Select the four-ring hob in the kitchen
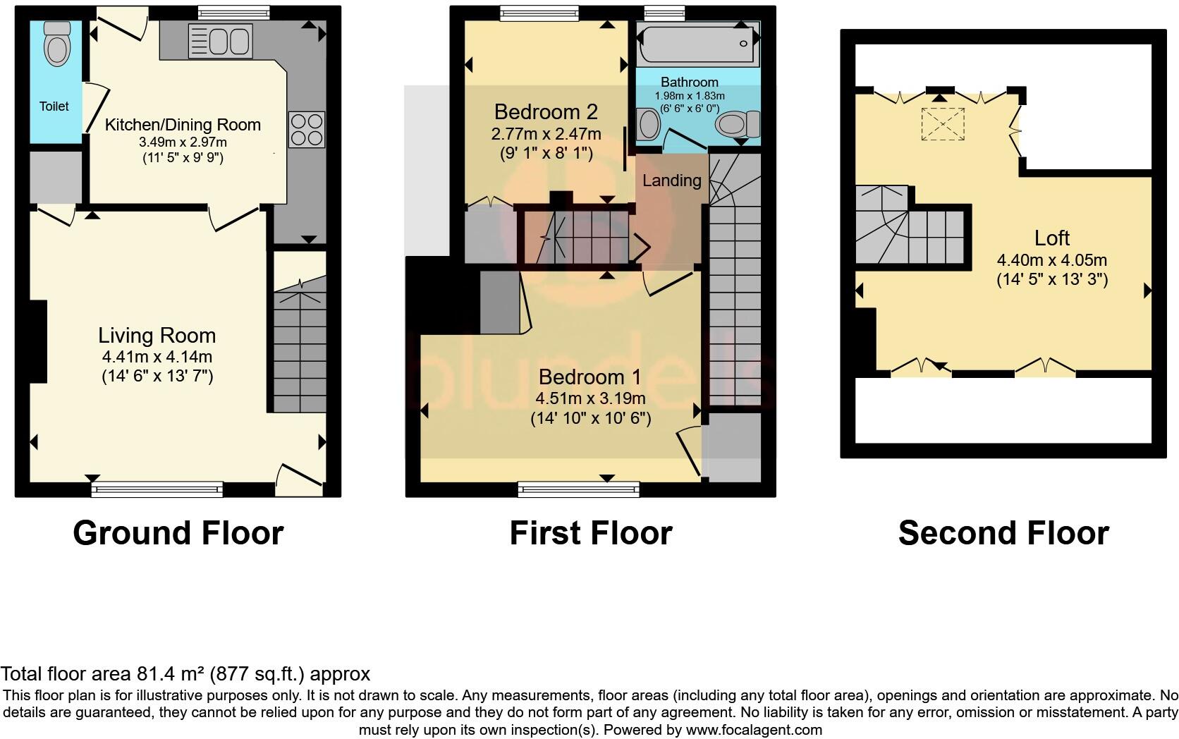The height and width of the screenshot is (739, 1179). pos(307,130)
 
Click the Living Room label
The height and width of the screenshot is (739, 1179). pos(157,335)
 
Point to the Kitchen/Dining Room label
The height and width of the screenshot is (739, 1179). pos(183,125)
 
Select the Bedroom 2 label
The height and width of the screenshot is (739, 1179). pos(546,111)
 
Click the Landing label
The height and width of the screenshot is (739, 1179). pos(671,181)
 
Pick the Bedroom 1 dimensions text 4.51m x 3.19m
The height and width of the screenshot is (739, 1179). pos(590,398)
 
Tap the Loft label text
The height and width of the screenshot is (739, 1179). pos(1052,238)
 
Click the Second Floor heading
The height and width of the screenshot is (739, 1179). pos(1003,533)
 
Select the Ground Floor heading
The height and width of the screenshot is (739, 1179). pos(178,533)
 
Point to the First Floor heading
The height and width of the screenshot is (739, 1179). pos(590,533)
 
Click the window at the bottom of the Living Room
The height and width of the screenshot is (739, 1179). pos(157,489)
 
